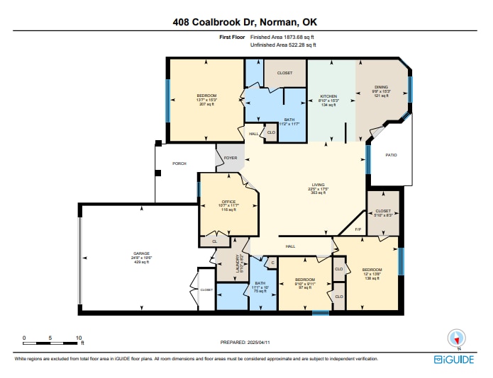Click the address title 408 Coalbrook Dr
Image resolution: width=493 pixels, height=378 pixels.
coord(246,22)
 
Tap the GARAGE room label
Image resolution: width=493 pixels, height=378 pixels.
coord(141,253)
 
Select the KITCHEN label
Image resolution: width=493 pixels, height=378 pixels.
coord(328,96)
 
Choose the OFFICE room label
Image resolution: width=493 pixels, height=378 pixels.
coord(228,202)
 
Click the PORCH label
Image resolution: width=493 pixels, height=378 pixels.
coord(179,164)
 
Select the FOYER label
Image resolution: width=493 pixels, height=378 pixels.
coord(231,158)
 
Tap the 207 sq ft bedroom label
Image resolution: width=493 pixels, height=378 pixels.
coord(206,96)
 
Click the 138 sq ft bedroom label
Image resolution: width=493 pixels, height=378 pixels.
coord(372,270)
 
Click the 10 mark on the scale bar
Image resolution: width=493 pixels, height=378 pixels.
coord(78,338)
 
